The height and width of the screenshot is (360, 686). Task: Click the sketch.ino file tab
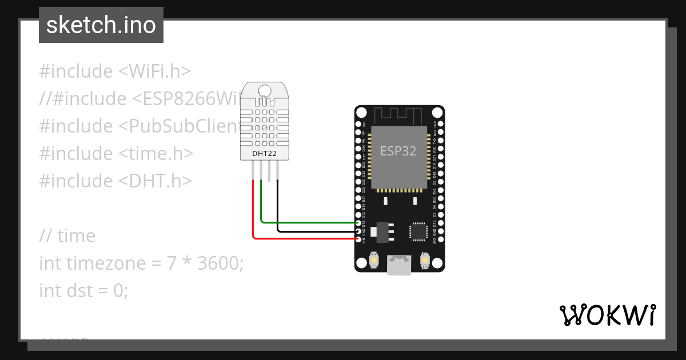coord(101,25)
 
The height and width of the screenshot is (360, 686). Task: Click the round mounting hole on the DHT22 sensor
coord(265,90)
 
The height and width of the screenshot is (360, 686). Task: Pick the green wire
coord(309,222)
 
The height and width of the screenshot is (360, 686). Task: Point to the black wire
coord(314,231)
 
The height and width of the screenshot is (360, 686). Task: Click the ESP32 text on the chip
coord(398,151)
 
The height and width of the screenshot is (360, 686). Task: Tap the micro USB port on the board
coord(399,265)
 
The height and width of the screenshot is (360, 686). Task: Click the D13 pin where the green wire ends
coord(358,223)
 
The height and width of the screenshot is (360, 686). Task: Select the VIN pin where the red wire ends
coord(358,239)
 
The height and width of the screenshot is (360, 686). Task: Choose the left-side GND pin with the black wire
coord(358,231)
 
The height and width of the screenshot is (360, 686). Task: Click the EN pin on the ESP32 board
coord(358,123)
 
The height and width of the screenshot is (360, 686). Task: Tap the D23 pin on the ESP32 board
coord(440,123)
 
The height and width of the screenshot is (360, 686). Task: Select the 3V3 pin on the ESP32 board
coord(440,239)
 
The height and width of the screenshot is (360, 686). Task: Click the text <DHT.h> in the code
coord(155,181)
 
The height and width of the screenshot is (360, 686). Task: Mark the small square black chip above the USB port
coord(418,231)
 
